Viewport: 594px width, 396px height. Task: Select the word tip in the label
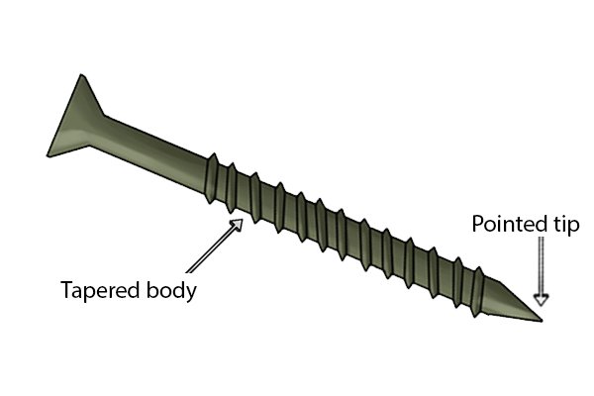pos(564,225)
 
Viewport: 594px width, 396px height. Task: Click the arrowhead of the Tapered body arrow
pos(237,225)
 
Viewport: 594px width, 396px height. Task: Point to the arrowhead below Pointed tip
pos(542,299)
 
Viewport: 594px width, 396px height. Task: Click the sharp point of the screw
pos(542,321)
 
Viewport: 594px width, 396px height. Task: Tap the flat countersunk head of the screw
pos(75,121)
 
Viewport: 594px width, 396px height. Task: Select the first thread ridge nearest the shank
pos(212,178)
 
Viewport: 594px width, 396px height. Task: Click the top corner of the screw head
pos(81,75)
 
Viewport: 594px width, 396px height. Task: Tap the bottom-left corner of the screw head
pos(49,155)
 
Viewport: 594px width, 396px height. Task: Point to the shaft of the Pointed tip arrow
pos(542,265)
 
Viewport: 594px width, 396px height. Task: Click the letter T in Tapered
pos(67,290)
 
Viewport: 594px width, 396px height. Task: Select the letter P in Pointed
pos(478,224)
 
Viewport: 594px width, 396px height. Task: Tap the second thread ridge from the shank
pos(231,187)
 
